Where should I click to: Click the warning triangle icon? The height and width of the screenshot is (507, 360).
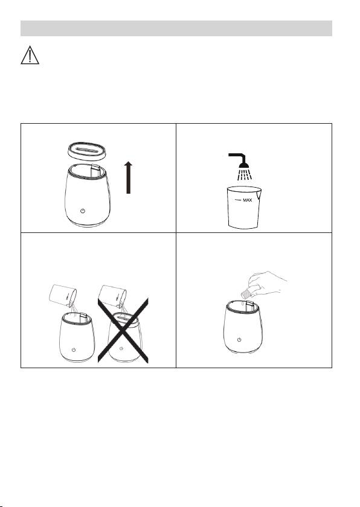pyautogui.click(x=30, y=56)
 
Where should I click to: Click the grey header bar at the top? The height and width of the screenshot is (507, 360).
pyautogui.click(x=176, y=28)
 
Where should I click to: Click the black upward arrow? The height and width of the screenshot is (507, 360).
pyautogui.click(x=129, y=177)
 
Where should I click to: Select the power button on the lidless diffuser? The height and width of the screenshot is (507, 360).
pyautogui.click(x=83, y=211)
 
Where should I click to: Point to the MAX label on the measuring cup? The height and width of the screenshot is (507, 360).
pyautogui.click(x=247, y=200)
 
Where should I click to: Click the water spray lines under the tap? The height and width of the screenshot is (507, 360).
pyautogui.click(x=244, y=174)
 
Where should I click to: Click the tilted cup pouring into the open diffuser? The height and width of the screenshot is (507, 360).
pyautogui.click(x=63, y=295)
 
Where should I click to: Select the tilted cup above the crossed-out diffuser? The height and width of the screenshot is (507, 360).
pyautogui.click(x=113, y=296)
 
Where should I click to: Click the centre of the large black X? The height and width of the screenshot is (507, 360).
pyautogui.click(x=123, y=330)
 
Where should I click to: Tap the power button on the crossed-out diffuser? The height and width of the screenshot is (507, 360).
pyautogui.click(x=121, y=348)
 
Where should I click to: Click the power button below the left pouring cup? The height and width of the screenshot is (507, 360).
pyautogui.click(x=74, y=350)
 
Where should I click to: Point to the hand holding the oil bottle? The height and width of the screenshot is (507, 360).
pyautogui.click(x=267, y=282)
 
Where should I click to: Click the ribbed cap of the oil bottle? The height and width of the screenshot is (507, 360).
pyautogui.click(x=246, y=293)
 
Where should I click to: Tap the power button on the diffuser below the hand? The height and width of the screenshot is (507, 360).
pyautogui.click(x=239, y=340)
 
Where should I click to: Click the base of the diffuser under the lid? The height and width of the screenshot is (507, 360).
pyautogui.click(x=88, y=224)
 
